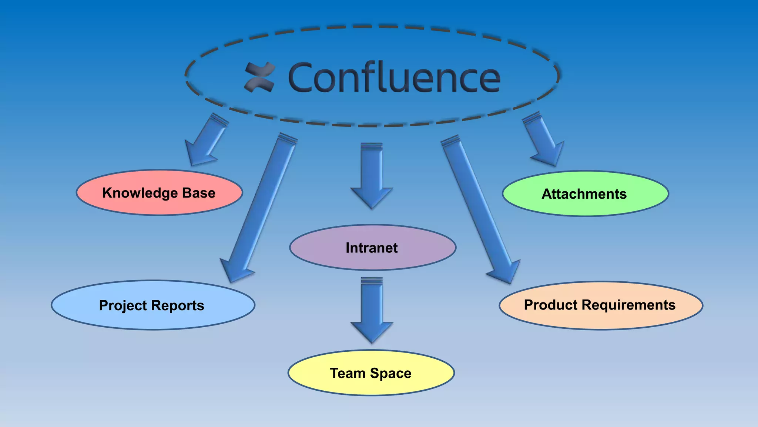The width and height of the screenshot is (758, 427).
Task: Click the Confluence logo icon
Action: tap(260, 77)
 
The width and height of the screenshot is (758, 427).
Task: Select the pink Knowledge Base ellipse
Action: tap(159, 193)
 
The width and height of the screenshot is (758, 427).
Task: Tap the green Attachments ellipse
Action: tap(585, 194)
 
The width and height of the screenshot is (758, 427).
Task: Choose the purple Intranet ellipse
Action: tap(372, 248)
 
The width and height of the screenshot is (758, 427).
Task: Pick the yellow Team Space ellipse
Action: tap(371, 373)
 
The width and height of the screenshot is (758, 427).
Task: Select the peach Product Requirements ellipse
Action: tap(600, 305)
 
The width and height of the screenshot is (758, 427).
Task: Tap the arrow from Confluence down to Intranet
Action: tap(372, 174)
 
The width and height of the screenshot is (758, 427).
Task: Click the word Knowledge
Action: tap(140, 193)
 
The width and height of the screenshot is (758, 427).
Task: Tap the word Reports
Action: tap(177, 306)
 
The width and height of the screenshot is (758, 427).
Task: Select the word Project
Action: tap(123, 306)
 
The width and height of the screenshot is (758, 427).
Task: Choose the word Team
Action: tap(348, 373)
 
